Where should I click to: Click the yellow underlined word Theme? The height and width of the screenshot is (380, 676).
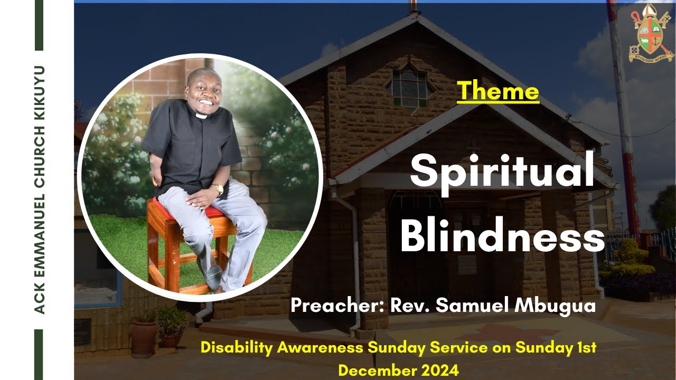[498, 91]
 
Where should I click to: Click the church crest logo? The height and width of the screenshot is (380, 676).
[650, 33]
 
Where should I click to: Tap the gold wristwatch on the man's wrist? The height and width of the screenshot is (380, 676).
[217, 188]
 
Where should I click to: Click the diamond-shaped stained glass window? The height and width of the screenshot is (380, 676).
[409, 85]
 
